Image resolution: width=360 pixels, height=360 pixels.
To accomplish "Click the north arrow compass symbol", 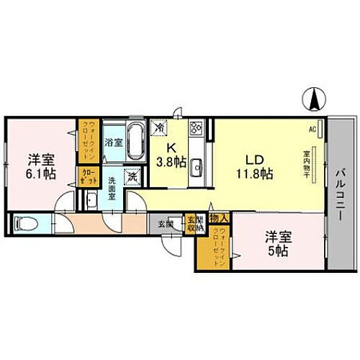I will (x=315, y=99).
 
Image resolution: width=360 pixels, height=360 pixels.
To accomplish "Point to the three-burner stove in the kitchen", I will (x=195, y=128).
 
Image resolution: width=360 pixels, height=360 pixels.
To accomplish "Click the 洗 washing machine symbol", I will (x=133, y=175).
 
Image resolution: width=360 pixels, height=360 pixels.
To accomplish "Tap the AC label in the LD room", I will (x=312, y=130).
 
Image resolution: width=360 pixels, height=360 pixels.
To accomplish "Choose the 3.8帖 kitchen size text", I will (x=171, y=161).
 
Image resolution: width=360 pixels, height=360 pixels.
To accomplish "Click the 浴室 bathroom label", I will (x=114, y=143).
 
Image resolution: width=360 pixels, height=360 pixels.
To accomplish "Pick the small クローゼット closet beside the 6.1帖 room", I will (x=87, y=176).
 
